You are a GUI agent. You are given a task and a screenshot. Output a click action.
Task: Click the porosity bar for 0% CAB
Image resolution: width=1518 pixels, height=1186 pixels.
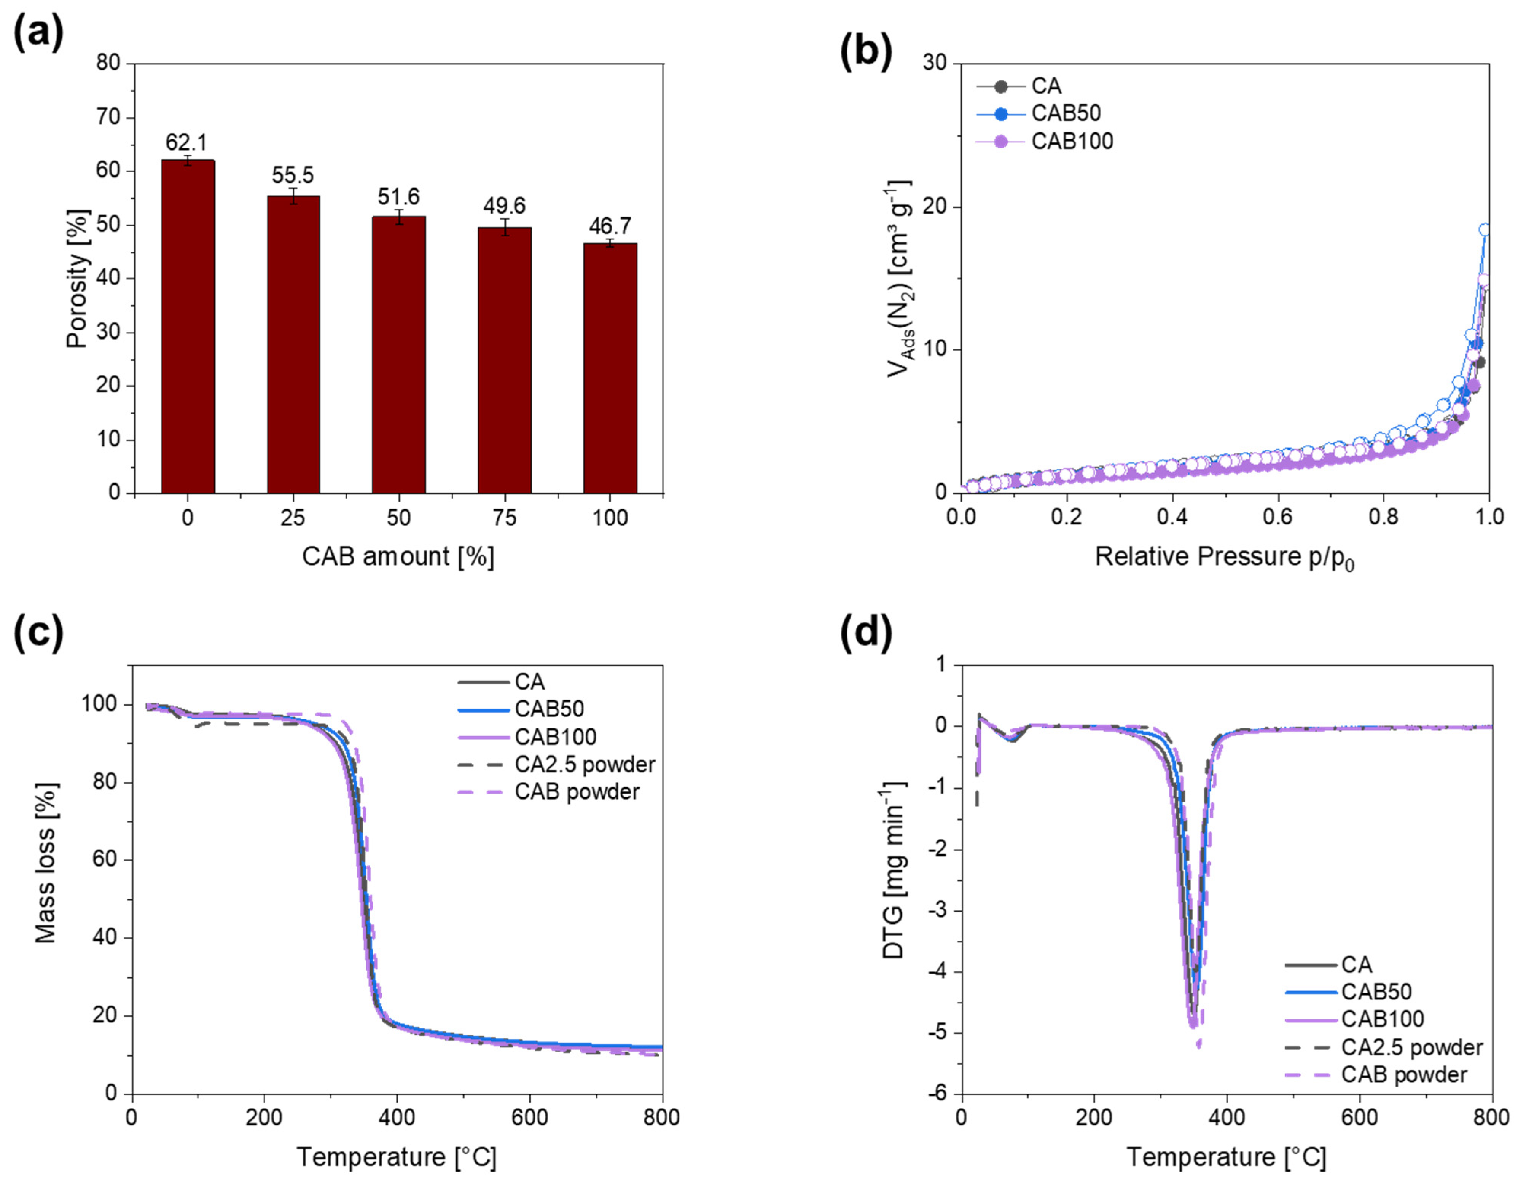click(x=188, y=327)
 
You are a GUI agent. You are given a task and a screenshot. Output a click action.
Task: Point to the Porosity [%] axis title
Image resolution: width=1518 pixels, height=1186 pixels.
click(x=78, y=278)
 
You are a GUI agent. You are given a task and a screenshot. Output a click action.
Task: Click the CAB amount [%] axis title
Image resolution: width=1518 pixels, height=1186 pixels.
click(x=398, y=557)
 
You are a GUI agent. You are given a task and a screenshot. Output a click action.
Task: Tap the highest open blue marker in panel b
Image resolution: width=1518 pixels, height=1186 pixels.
click(x=1484, y=230)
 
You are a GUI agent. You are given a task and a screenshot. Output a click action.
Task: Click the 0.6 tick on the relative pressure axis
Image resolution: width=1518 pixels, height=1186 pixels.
click(x=1277, y=517)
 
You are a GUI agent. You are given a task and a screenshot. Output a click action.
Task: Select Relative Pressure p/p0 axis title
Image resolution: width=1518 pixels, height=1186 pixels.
click(x=1224, y=558)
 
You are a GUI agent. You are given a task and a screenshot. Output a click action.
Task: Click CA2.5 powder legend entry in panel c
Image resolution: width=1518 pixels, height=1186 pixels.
click(x=584, y=765)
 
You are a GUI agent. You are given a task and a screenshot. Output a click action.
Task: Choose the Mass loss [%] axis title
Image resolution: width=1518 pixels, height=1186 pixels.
click(x=46, y=862)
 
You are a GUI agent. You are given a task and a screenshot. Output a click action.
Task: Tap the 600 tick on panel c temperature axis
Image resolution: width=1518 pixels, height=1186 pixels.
click(x=530, y=1118)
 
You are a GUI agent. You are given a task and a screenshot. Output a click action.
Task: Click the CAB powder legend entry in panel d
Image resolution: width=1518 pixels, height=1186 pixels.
click(x=1403, y=1075)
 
